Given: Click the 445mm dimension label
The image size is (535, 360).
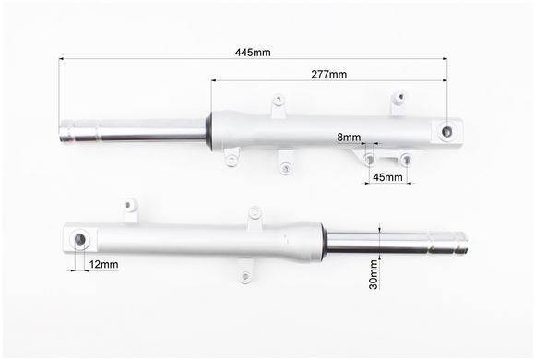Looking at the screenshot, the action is [253, 53].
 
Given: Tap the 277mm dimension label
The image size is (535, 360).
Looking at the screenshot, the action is [329, 74].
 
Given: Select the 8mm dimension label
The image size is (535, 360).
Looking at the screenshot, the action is [349, 138].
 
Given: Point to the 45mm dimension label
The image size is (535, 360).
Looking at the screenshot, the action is [387, 177].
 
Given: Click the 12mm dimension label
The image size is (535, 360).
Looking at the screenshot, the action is [103, 264].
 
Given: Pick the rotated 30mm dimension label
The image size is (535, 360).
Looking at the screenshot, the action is [374, 274].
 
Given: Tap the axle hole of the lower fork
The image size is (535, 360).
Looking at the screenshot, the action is [80, 239].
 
